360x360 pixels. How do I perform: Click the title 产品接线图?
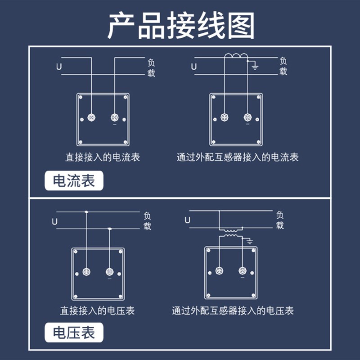pos(180,25)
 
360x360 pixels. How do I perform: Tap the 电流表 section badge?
pos(74,181)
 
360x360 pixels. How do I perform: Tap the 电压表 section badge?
pos(74,333)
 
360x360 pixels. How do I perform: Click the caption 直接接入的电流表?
pos(103,157)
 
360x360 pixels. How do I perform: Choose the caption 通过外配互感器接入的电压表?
pos(233,310)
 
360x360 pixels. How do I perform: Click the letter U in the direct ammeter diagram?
pos(59,67)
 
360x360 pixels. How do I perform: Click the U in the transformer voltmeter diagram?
pos(188,220)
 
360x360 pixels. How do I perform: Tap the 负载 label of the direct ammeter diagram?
pos(151,67)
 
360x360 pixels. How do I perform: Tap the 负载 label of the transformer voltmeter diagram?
pos(280,220)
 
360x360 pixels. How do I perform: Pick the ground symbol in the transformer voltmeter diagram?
pos(249,242)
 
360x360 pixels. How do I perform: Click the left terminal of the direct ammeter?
pos(92,117)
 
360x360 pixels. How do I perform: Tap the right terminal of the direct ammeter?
pos(114,117)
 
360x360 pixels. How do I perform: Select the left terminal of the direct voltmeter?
pos(87,272)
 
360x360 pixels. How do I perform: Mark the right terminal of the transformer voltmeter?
pos(242,271)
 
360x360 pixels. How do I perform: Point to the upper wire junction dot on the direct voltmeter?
pos(86,211)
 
